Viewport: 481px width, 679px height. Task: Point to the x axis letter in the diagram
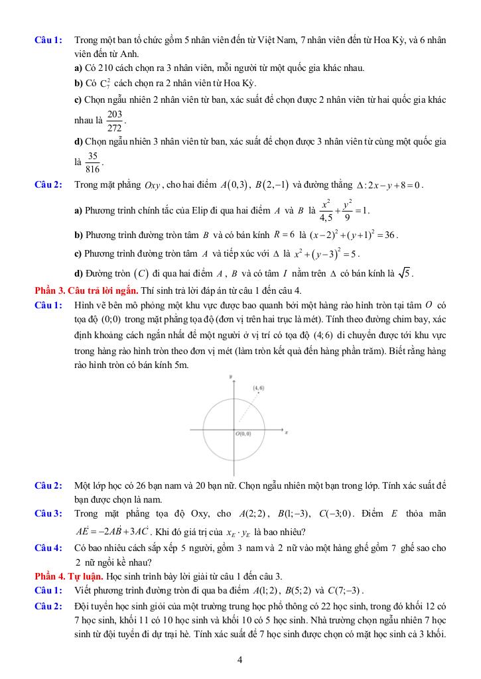(x=286, y=432)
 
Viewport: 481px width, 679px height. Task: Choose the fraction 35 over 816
(x=93, y=162)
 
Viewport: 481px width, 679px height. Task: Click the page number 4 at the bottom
(x=240, y=660)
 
